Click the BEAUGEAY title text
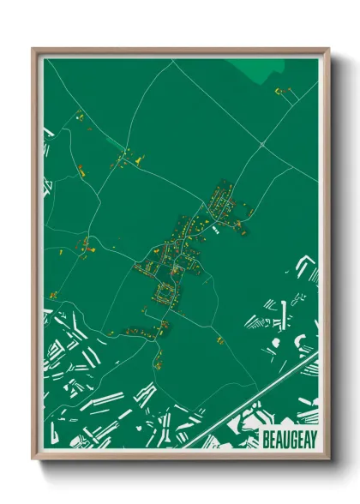coord(287,436)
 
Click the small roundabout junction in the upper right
coord(262,147)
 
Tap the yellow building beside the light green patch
coord(279,90)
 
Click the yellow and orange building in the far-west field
coord(52,296)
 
